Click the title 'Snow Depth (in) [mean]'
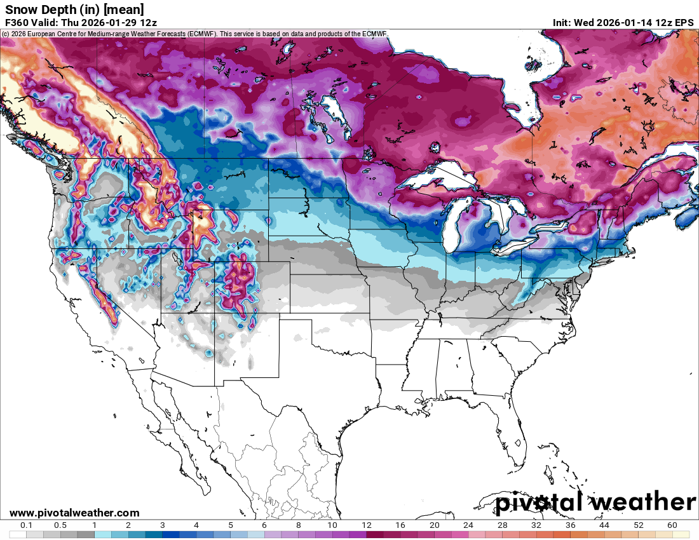74,9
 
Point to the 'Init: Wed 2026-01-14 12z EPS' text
623,22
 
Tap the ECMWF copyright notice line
194,33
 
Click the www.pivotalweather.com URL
74,513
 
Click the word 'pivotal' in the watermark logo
537,503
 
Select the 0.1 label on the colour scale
27,525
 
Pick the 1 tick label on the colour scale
94,525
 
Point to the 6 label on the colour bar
264,525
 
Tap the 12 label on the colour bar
367,525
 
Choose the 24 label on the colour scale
468,525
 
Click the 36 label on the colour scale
571,525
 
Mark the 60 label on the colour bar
672,525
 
